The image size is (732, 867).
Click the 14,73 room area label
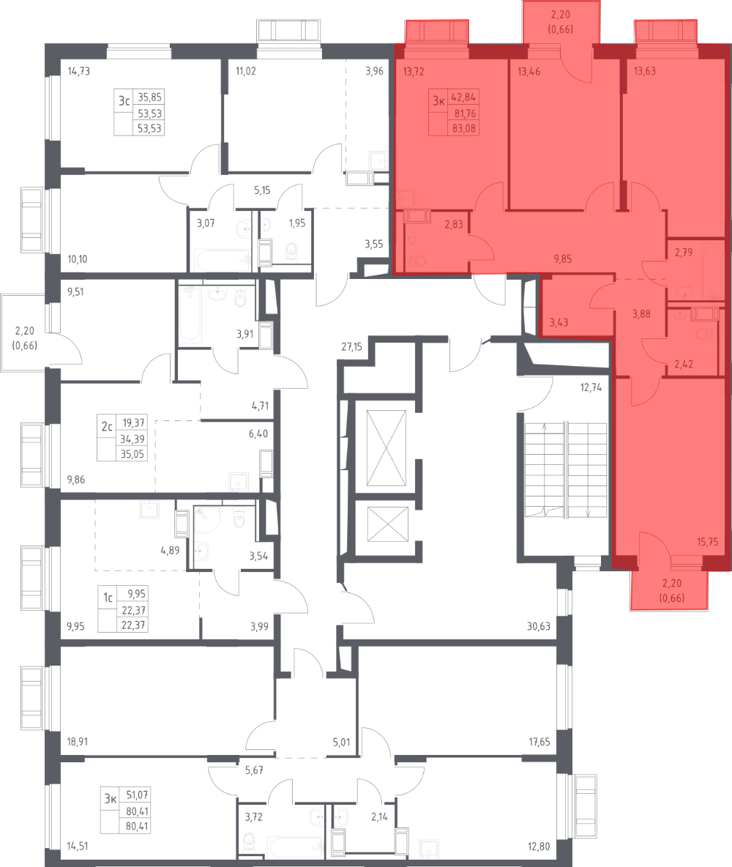point(73,72)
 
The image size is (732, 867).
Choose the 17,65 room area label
point(539,741)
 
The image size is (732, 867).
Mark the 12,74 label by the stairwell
point(590,388)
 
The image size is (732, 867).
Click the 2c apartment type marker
point(106,424)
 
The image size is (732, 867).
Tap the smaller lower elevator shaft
point(385,524)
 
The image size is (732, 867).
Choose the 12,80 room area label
point(539,843)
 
